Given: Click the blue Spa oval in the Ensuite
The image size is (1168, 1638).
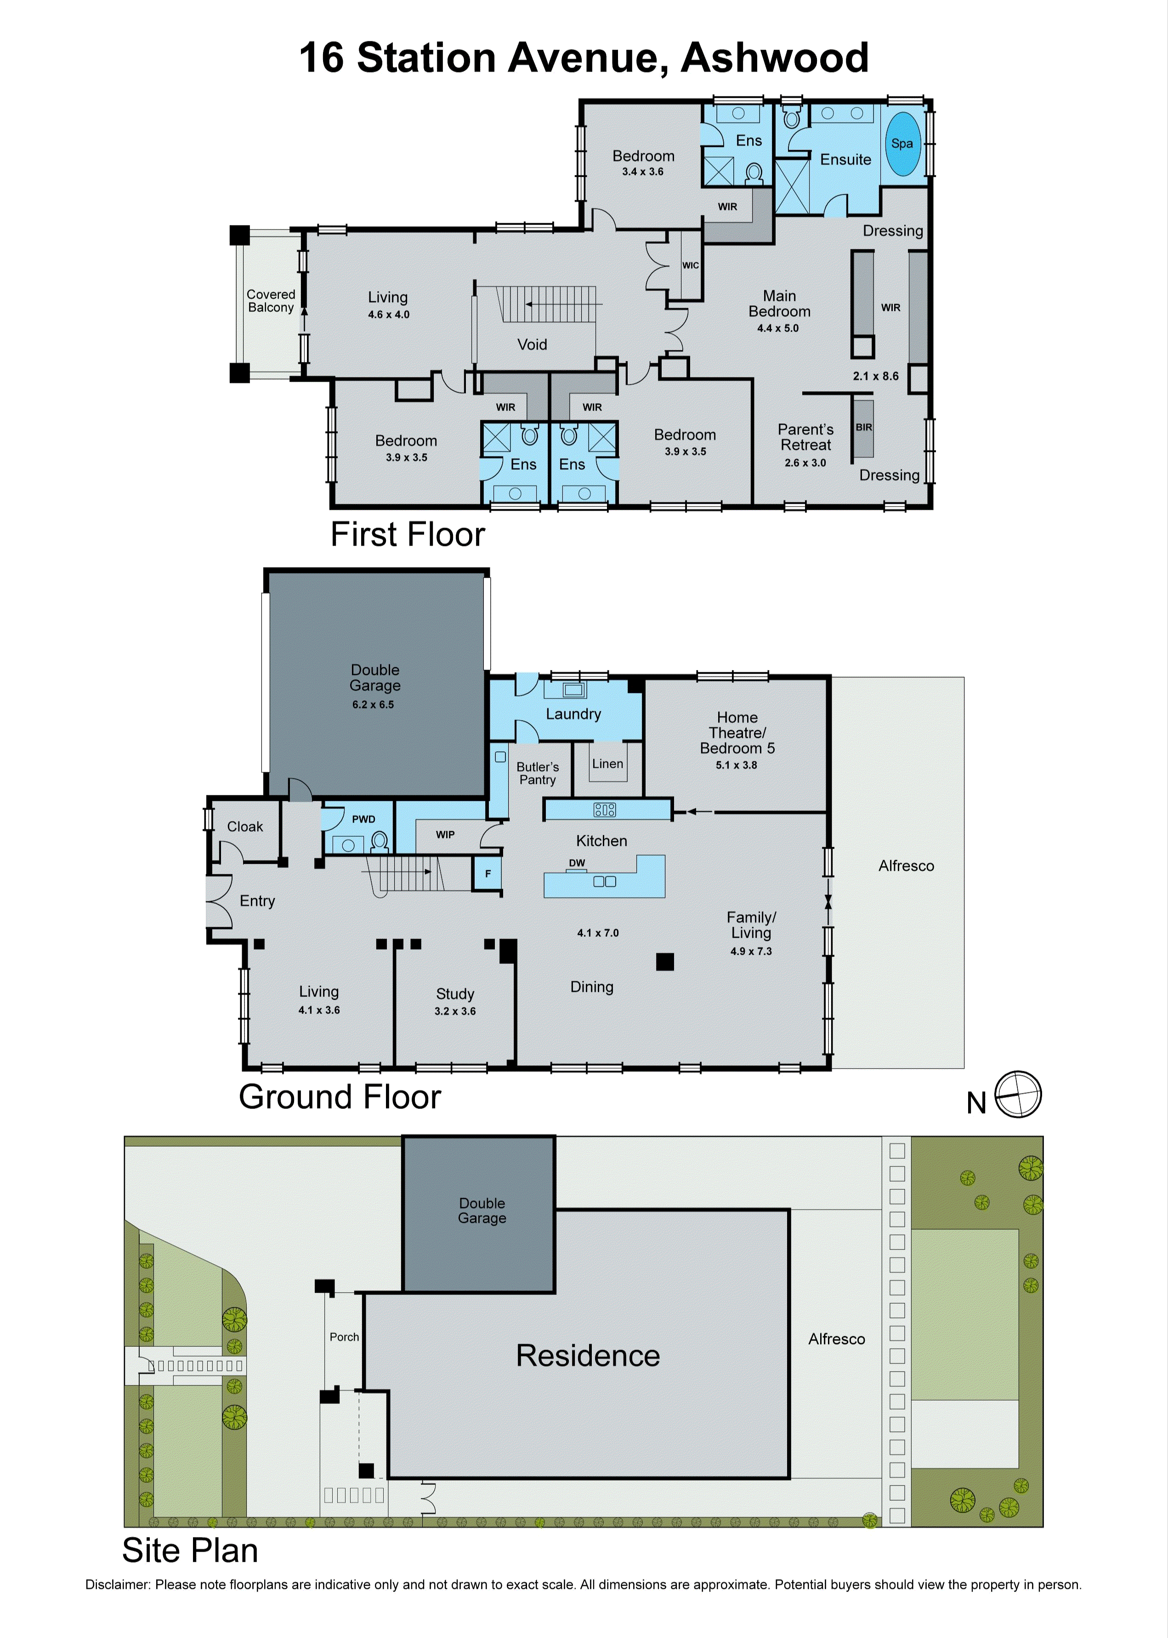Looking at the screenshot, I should tap(902, 144).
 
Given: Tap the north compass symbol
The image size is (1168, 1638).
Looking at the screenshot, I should tap(1018, 1094).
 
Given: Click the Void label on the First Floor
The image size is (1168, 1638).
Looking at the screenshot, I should tap(532, 344).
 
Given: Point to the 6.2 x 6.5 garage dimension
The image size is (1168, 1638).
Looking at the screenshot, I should tap(373, 704).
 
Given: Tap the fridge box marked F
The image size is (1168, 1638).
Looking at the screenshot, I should tap(487, 874).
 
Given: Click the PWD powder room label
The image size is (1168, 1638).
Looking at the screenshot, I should tap(363, 819).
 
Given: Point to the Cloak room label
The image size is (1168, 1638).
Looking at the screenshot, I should tap(245, 827).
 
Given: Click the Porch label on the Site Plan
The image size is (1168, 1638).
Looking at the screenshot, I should tap(344, 1337).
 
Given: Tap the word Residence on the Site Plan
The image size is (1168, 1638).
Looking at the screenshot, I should tap(588, 1356).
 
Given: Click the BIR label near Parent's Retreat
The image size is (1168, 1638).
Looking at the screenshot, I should tap(864, 427).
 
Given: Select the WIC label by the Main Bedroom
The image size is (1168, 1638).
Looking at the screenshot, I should tap(691, 265).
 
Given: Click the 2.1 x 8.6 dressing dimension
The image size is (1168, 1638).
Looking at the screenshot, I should tap(875, 376).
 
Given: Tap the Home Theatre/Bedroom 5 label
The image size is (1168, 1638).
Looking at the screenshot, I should tap(737, 732).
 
